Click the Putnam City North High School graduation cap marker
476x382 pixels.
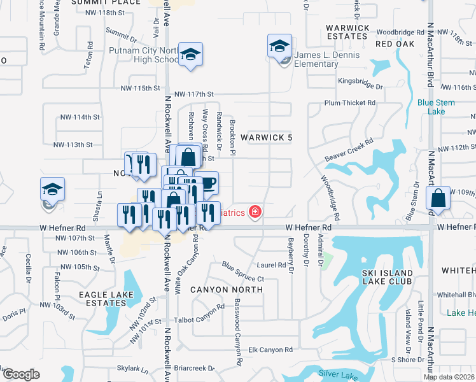[x=190, y=55]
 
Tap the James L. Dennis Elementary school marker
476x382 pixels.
[x=279, y=46]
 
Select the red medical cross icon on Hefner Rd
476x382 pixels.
[x=255, y=211]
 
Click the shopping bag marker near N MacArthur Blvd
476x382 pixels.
[x=438, y=197]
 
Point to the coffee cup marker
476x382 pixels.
[x=207, y=184]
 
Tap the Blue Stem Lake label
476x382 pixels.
[x=435, y=106]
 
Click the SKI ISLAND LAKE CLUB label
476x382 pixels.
[x=387, y=277]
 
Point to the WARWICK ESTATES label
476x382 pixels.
[x=347, y=32]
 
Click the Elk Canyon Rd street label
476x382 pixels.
[x=270, y=350]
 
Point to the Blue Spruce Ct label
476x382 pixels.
[x=242, y=271]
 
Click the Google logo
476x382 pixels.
[x=21, y=374]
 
